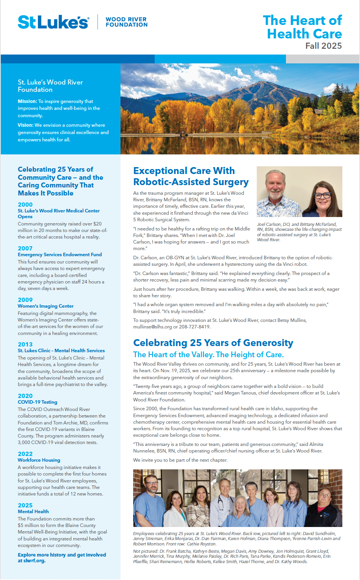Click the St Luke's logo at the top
coord(53,22)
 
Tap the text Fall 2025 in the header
coord(323,46)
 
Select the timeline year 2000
coord(25,204)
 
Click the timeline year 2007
coord(25,248)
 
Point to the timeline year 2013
coord(25,344)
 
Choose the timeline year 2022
coord(25,454)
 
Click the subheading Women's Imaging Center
coord(46,306)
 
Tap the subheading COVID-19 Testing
coord(38,402)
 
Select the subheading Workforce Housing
coord(39,460)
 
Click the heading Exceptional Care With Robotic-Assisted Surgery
coord(191,176)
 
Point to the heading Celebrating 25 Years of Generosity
coord(213,343)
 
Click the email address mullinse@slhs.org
coord(152,327)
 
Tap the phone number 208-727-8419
coord(195,327)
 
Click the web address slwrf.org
coord(35,561)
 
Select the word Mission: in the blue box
coord(27,101)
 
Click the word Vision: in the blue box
coord(25,125)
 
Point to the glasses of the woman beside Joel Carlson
coord(322,195)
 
